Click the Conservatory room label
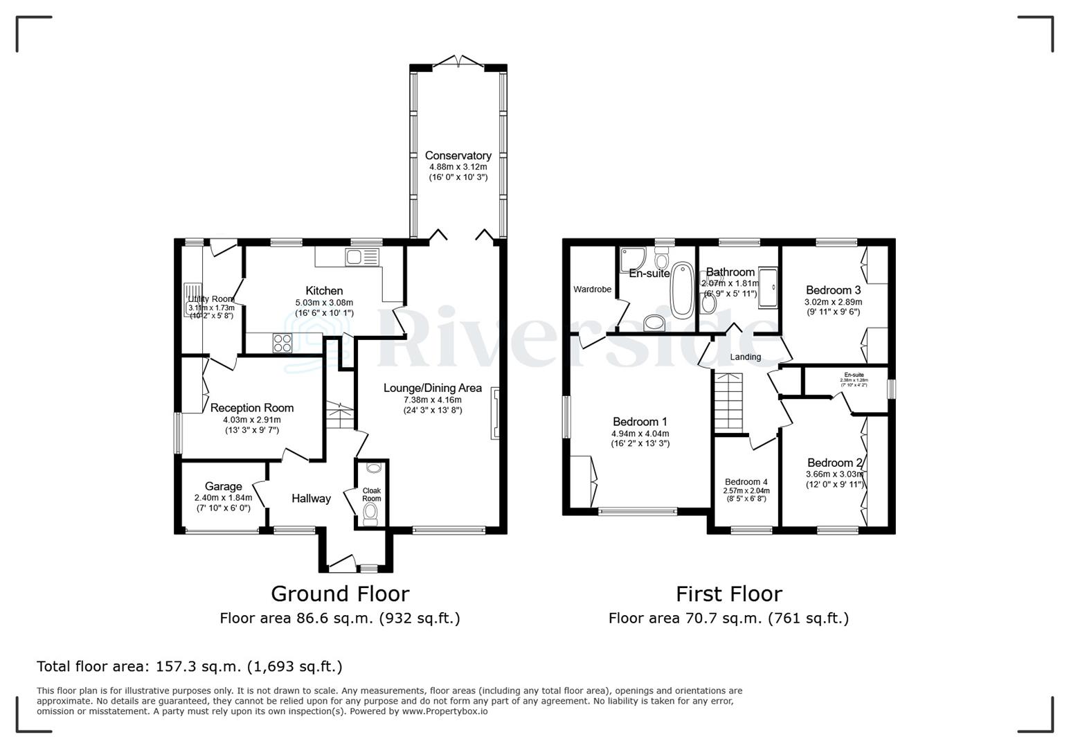(x=458, y=156)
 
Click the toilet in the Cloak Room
(x=371, y=513)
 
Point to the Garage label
(x=223, y=487)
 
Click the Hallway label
(x=311, y=499)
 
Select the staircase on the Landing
(x=728, y=402)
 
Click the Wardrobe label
(x=592, y=290)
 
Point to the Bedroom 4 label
(x=746, y=482)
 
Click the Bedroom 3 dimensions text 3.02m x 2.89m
(x=833, y=302)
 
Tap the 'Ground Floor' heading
(x=339, y=594)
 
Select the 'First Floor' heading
(x=728, y=594)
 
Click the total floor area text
(x=189, y=666)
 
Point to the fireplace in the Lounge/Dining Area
(x=494, y=413)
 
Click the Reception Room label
(x=252, y=408)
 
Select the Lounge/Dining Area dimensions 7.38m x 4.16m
(x=432, y=400)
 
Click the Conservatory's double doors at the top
(x=458, y=62)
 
